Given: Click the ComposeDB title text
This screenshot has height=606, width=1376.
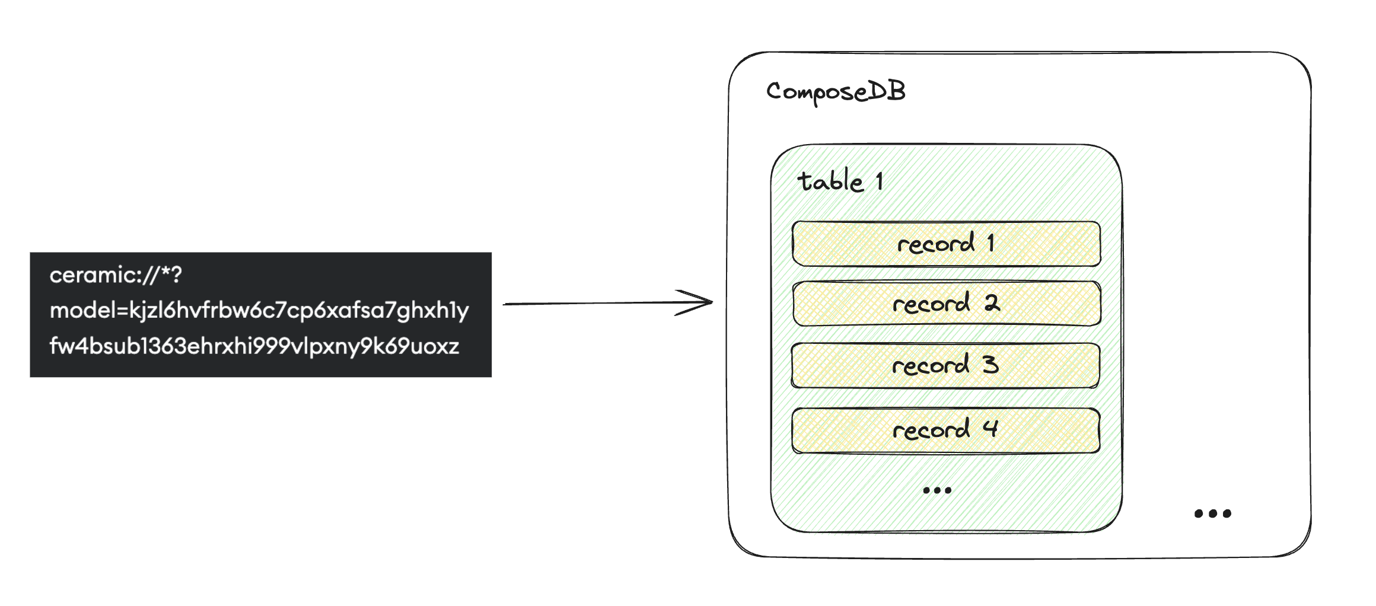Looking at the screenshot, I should [836, 92].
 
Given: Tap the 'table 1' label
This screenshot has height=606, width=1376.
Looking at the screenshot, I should [840, 181].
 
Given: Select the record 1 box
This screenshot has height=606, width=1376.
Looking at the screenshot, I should [946, 244].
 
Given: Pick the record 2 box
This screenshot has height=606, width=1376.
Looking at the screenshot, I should [946, 304].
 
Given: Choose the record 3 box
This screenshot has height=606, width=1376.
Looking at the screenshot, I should [945, 365].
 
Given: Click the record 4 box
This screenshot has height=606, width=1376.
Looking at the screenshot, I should [945, 430].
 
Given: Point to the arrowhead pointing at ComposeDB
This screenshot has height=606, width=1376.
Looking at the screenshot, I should [703, 302].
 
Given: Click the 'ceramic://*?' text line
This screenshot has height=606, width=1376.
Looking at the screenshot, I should [116, 275].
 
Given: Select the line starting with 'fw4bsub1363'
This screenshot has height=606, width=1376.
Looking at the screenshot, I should [254, 346].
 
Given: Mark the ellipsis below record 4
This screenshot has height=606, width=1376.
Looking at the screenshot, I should [937, 490].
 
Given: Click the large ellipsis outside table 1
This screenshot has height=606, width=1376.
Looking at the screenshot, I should [1212, 513].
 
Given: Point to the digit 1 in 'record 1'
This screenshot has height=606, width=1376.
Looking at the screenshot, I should [990, 243].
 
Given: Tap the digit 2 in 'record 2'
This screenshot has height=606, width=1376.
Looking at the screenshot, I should [992, 304].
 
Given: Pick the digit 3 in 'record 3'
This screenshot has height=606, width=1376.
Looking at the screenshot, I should [990, 365].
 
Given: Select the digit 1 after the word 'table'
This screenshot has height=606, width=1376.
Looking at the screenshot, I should [880, 181].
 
